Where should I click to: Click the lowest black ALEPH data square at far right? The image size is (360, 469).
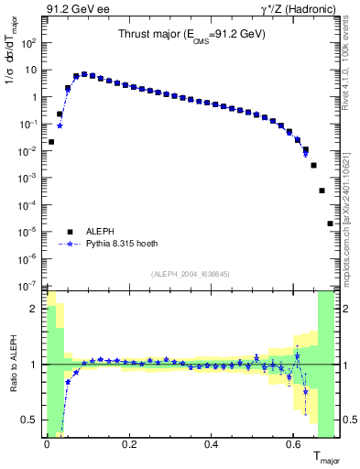(330, 224)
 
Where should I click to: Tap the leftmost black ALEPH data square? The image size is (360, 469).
(51, 142)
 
